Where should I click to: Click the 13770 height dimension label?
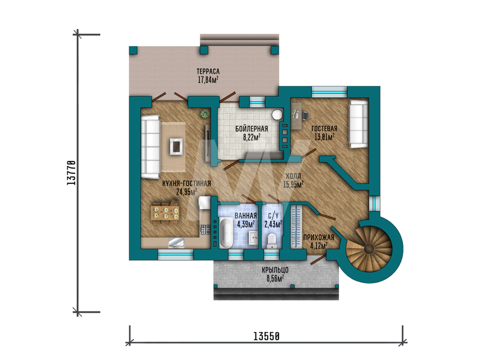pos(71,173)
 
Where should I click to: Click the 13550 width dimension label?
pos(266,336)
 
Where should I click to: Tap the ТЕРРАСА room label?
pos(208,72)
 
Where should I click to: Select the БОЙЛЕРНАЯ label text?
pos(251,129)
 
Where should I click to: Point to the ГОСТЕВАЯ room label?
pos(324,129)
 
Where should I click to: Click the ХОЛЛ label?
pos(293,176)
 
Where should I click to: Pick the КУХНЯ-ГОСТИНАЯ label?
pos(186,184)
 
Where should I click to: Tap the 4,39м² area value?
pos(246,224)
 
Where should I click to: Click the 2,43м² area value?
pos(273,224)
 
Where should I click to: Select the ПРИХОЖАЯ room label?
pos(319,237)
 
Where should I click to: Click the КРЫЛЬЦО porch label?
pos(275,270)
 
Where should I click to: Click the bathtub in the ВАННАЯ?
pos(226,233)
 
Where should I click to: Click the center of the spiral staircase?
pos(369,249)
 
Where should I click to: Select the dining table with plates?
pos(165,213)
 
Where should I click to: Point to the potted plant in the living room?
pos(205,113)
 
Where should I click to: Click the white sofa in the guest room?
pos(358,124)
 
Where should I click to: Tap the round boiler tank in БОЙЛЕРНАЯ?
pos(277,115)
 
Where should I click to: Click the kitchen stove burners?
pos(205,229)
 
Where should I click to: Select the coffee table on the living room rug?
pos(176,146)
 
